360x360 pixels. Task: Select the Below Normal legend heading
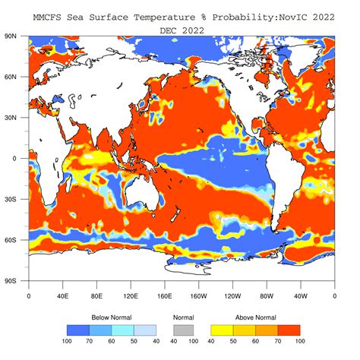click(111, 317)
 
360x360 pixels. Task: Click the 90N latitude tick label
click(12, 36)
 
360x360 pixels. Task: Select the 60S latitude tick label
click(12, 240)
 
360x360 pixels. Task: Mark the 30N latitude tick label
click(12, 118)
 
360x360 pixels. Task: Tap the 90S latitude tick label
click(12, 281)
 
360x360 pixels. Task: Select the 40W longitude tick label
click(300, 296)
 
